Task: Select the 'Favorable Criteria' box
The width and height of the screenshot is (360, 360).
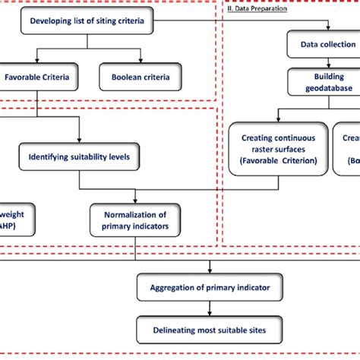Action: (36, 77)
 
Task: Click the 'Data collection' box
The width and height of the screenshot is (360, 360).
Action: (323, 45)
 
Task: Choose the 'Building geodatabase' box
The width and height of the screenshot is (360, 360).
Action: (323, 81)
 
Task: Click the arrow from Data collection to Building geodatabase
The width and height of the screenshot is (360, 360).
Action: (323, 62)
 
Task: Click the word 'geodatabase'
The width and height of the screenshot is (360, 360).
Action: (323, 87)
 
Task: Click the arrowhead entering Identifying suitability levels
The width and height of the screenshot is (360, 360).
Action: (79, 141)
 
